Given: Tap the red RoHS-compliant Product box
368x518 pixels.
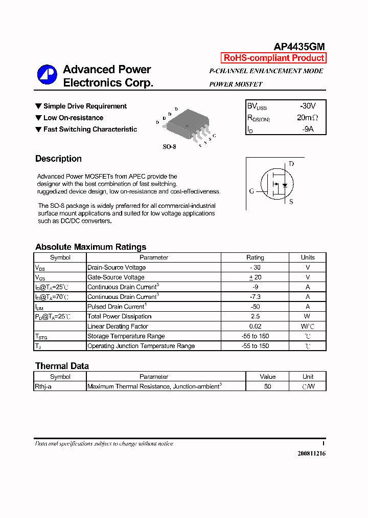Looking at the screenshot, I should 273,58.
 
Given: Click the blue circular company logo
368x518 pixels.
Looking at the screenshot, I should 47,75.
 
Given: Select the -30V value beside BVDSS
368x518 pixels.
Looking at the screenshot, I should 307,106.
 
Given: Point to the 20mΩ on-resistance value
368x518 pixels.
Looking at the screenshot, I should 307,118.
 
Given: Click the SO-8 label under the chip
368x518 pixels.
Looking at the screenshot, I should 169,147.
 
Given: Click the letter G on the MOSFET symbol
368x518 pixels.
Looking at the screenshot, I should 251,191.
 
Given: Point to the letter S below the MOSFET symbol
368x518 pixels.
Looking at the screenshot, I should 291,202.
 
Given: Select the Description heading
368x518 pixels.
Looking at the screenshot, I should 58,159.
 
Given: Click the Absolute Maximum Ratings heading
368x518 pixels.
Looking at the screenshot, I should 90,247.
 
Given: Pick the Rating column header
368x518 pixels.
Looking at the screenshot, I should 255,257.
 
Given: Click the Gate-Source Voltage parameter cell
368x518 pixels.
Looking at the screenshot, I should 116,277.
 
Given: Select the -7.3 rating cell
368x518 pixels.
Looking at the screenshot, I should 255,297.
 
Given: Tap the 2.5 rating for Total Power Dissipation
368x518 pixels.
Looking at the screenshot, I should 255,316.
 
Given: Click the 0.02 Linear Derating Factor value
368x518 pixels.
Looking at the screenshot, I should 255,326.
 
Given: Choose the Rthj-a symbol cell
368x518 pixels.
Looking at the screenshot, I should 43,386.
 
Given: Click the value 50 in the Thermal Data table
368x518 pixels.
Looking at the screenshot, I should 267,386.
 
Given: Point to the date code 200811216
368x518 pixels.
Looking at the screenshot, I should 311,454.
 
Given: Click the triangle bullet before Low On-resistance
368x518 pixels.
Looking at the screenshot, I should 38,118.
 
